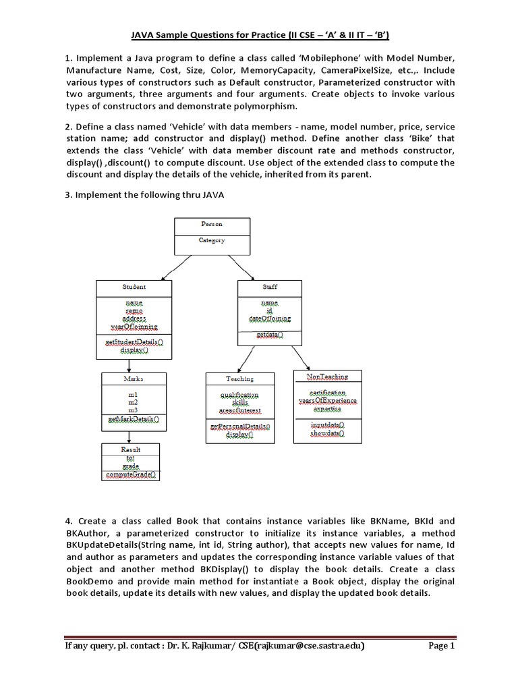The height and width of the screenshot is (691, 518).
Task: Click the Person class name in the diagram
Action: coord(212,224)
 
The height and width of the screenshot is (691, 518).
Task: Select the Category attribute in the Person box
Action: coord(212,240)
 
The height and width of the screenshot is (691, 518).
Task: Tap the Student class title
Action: coord(134,287)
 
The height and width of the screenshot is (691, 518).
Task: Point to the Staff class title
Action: coord(270,287)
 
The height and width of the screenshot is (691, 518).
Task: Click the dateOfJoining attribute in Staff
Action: coord(270,319)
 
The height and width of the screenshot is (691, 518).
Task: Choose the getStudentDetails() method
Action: coord(134,343)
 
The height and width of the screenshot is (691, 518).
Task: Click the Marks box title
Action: coord(134,379)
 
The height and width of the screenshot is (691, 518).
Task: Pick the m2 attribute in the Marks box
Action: coord(134,402)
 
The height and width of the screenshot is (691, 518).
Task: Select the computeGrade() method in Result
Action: coord(132,474)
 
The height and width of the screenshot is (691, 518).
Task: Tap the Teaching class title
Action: coord(239,379)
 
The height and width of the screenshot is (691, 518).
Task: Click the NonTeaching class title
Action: coord(327,375)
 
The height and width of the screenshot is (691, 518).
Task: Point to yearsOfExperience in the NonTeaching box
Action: coord(327,401)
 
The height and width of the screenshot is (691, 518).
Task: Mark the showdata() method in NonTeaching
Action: coord(327,434)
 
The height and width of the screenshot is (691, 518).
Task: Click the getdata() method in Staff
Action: coord(270,335)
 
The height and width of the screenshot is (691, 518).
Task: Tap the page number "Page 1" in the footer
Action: coord(442,646)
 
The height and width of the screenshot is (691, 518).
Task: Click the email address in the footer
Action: coord(305,646)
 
